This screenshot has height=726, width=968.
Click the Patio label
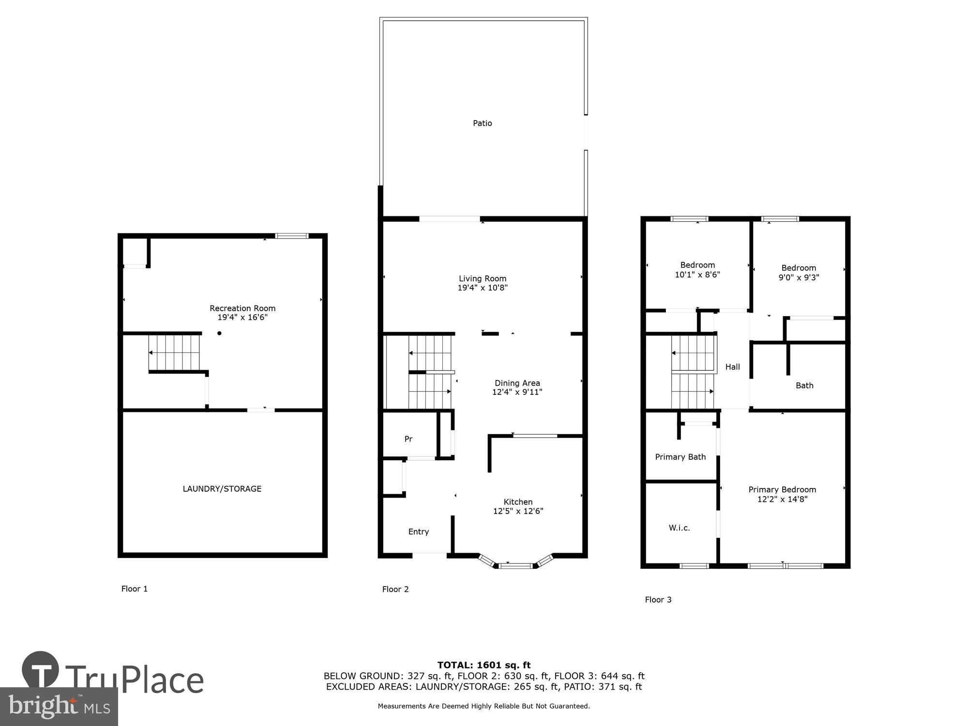pos(482,123)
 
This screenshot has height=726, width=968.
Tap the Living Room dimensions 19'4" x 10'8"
pos(483,288)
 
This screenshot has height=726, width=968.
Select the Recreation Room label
pos(242,308)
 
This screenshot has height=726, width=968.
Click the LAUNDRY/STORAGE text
pos(222,489)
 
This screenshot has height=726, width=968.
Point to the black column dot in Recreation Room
pos(219,333)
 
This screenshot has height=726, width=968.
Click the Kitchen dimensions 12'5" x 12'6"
pos(518,511)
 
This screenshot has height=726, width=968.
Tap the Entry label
pos(419,531)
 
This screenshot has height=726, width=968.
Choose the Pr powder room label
pos(408,439)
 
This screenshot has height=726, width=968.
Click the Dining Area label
pos(517,383)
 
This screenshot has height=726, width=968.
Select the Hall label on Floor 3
pos(732,367)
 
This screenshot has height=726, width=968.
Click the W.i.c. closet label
pos(680,528)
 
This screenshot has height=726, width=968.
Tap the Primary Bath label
pos(680,457)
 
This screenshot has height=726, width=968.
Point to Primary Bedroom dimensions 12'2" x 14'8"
pos(782,499)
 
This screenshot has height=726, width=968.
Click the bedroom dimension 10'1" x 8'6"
pos(697,274)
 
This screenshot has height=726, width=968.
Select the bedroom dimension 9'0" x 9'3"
pos(799,277)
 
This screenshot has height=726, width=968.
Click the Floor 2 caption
pos(395,589)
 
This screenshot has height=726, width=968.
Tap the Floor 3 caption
pos(658,600)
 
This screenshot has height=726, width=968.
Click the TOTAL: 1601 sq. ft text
pos(484,665)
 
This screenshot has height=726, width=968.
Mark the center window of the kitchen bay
pos(515,565)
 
